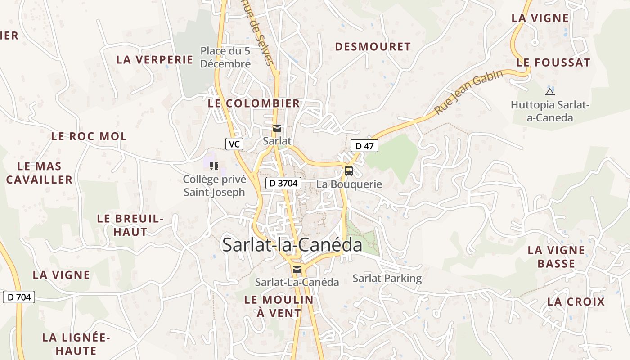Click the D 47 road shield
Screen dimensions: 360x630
pyautogui.click(x=364, y=146)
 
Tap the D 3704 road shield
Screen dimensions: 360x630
pyautogui.click(x=283, y=183)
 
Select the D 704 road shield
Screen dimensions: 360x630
pyautogui.click(x=19, y=297)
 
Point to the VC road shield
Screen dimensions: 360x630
pyautogui.click(x=234, y=144)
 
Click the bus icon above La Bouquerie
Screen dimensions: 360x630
pyautogui.click(x=349, y=171)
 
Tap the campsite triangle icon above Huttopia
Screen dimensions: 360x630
pyautogui.click(x=549, y=92)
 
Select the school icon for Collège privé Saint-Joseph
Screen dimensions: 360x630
pyautogui.click(x=214, y=166)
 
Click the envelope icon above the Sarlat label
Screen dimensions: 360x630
pyautogui.click(x=277, y=129)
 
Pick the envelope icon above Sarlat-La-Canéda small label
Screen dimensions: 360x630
pyautogui.click(x=297, y=270)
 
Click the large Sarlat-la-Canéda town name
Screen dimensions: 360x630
pyautogui.click(x=292, y=245)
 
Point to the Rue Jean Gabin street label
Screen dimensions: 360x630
pyautogui.click(x=468, y=93)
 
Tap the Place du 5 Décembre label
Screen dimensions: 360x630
pyautogui.click(x=225, y=58)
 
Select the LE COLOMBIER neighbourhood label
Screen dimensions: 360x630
pyautogui.click(x=254, y=103)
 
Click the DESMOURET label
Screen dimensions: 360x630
pyautogui.click(x=373, y=47)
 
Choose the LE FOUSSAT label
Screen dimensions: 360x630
pyautogui.click(x=553, y=63)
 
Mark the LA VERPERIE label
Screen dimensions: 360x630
pyautogui.click(x=155, y=60)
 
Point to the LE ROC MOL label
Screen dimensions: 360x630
pyautogui.click(x=89, y=136)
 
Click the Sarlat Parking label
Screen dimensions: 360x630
pyautogui.click(x=387, y=279)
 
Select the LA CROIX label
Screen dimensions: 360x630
pyautogui.click(x=576, y=301)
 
